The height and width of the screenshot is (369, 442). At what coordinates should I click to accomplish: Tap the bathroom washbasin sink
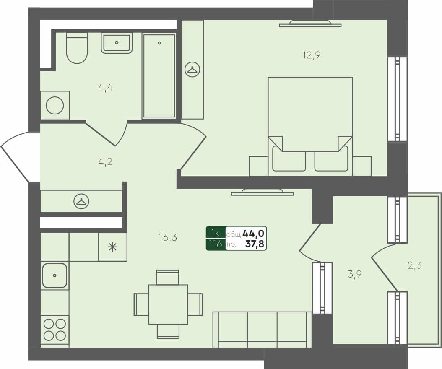pyautogui.click(x=117, y=43)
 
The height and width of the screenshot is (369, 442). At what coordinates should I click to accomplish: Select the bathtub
pyautogui.click(x=159, y=76)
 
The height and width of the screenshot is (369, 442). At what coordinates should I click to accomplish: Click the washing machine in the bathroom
pyautogui.click(x=55, y=105)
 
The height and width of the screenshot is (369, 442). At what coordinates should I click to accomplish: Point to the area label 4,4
pyautogui.click(x=105, y=88)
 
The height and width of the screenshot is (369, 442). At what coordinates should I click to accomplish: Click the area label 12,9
pyautogui.click(x=311, y=55)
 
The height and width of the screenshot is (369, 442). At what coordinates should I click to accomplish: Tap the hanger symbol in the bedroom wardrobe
pyautogui.click(x=192, y=70)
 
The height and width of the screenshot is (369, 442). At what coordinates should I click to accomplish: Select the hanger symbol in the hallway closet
pyautogui.click(x=81, y=202)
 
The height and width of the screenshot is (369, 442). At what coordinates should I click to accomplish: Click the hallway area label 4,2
pyautogui.click(x=105, y=161)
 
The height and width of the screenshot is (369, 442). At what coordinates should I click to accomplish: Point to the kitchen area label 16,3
pyautogui.click(x=168, y=238)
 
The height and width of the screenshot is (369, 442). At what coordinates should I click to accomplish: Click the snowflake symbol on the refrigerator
pyautogui.click(x=112, y=247)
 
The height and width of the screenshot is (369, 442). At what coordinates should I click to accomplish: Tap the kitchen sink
pyautogui.click(x=55, y=275)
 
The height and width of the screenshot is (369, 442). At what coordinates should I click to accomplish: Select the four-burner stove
pyautogui.click(x=55, y=330)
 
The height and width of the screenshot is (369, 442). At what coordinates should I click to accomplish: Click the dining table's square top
pyautogui.click(x=168, y=304)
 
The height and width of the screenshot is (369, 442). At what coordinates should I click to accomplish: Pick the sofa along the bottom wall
pyautogui.click(x=262, y=330)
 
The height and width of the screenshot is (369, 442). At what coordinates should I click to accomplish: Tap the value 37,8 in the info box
pyautogui.click(x=255, y=244)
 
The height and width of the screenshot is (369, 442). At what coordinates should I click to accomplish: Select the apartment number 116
pyautogui.click(x=216, y=244)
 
